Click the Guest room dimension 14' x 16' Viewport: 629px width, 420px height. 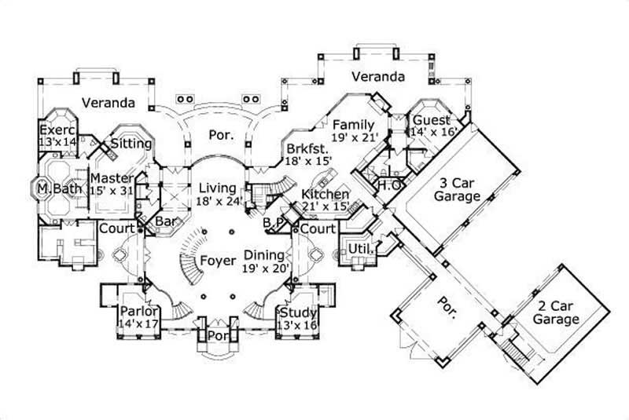click(x=431, y=134)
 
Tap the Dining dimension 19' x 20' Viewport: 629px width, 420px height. click(x=267, y=268)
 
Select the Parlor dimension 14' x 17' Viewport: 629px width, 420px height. click(x=138, y=322)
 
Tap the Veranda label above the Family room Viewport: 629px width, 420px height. click(x=377, y=77)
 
